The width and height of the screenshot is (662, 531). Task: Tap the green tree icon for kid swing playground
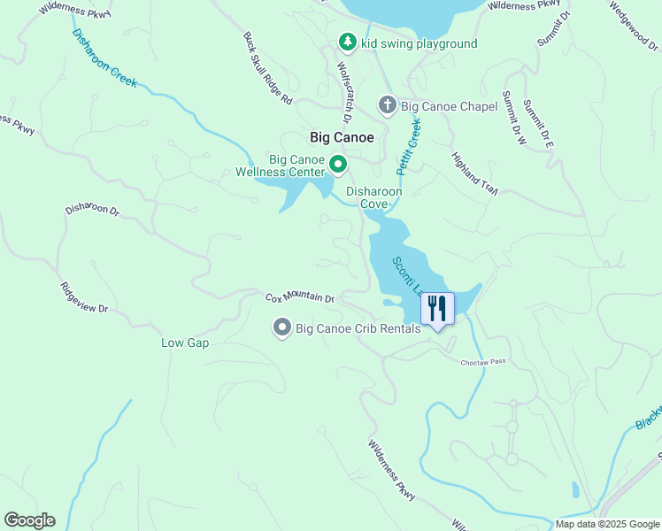point(348,42)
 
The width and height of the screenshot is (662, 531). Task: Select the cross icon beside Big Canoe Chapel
point(387,106)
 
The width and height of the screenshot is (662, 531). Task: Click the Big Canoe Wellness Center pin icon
point(337,165)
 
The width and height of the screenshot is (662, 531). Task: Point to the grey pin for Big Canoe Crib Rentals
point(282,328)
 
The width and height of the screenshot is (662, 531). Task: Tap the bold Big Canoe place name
point(342,138)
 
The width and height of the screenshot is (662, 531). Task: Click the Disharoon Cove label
point(373,197)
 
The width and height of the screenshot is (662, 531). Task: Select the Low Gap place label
point(185,342)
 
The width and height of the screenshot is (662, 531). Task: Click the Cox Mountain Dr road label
point(301,298)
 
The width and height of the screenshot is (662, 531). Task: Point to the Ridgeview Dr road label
point(83,297)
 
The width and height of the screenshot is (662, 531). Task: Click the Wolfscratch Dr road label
point(344,92)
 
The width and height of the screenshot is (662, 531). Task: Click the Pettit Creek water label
point(409,145)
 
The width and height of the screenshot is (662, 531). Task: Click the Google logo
point(29,520)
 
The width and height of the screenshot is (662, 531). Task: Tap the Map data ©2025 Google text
point(607,524)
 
